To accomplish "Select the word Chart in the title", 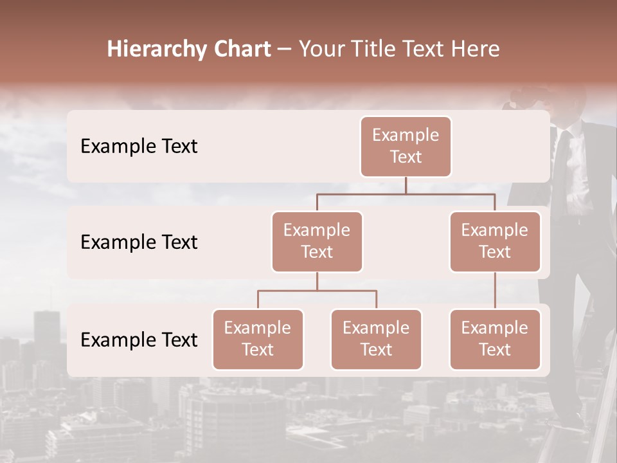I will click(x=242, y=50).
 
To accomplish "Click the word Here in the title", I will click(x=476, y=50).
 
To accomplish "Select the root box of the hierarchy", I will click(x=406, y=146).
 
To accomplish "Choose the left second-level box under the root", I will click(x=317, y=241).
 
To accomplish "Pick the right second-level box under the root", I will click(x=495, y=241).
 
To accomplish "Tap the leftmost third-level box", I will click(x=258, y=339).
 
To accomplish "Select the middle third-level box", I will click(x=376, y=339).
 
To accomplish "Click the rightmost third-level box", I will click(x=495, y=339).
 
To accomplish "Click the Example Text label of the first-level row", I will click(x=139, y=147).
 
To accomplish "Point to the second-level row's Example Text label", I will click(x=139, y=242).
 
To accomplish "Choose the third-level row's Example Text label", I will click(x=139, y=340).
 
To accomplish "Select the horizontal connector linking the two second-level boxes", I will click(x=406, y=194).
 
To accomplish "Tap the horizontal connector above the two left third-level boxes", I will click(x=317, y=291).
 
